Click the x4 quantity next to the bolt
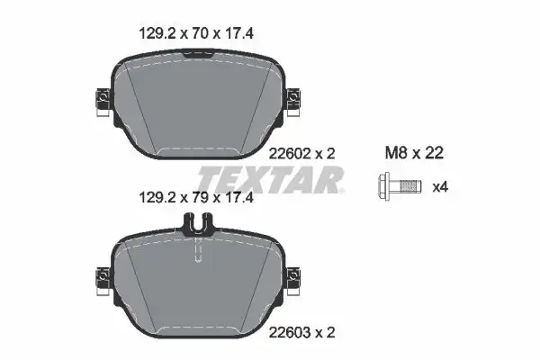click(441, 187)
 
